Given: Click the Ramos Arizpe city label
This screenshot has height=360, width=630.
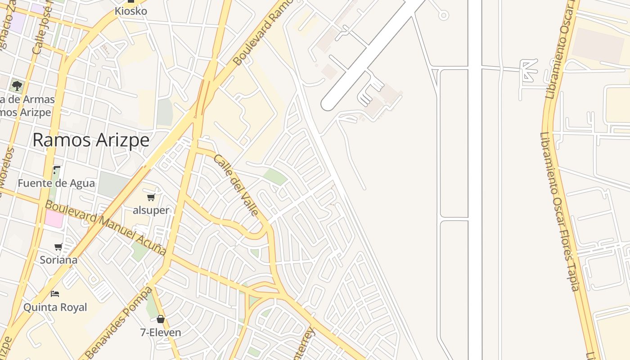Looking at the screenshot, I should pos(91,140).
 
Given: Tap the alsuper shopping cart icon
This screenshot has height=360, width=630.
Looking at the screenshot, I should pos(151,197).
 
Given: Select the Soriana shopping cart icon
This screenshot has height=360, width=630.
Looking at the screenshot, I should pos(58,247).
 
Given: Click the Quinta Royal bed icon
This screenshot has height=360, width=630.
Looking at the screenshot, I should pos(55,294).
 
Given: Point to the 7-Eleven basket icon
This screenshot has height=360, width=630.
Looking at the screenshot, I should pos(161,319).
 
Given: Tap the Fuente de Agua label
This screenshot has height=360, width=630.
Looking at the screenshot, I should pos(56,183).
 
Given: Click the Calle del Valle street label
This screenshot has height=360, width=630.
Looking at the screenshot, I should pos(236,184).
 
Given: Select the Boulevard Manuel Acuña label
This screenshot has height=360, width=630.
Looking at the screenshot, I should pos(106,227).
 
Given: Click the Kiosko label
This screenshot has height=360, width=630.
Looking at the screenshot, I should pos(131,11).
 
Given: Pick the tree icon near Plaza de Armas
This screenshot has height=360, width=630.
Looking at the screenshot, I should pos(17,85).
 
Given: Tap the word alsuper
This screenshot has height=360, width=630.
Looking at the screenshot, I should pos(151,210).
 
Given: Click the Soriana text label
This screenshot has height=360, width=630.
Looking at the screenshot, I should pos(58,260).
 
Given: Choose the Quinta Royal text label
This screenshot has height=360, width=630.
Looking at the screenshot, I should pos(55,307).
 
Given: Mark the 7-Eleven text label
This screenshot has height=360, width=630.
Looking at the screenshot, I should pos(161,333).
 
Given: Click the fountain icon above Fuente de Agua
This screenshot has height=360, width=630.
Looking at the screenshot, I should pos(57,170).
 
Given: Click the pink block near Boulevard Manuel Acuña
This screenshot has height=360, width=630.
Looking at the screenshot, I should pos(54,218).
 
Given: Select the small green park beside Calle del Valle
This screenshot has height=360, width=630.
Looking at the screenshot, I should pos(275,176).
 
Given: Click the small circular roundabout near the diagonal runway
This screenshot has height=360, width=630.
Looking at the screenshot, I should pos(444,16).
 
